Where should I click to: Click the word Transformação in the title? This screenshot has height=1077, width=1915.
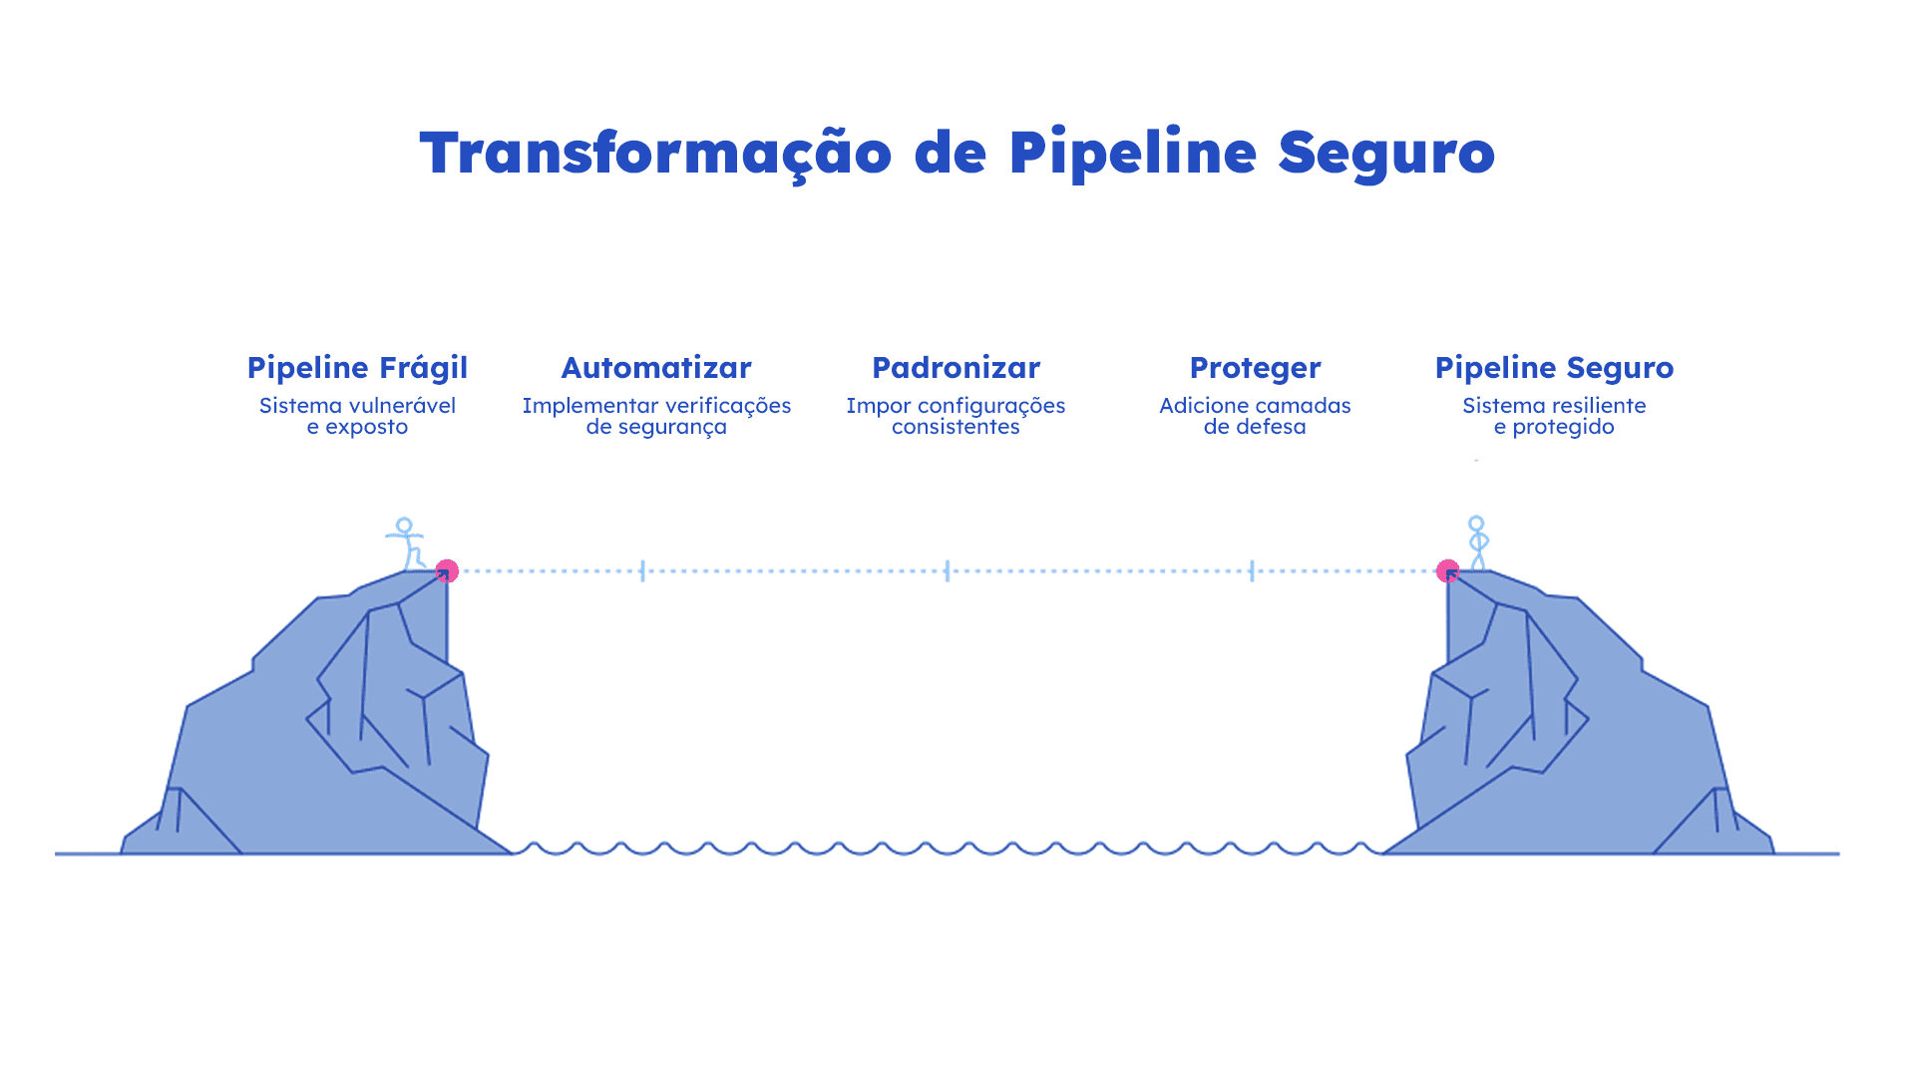point(654,154)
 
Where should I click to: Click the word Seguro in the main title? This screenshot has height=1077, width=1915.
point(1385,154)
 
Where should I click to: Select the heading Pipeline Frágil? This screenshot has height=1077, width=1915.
point(357,368)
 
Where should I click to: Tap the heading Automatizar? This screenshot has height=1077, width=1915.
point(656,368)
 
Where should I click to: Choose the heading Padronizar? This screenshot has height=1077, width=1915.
point(956,368)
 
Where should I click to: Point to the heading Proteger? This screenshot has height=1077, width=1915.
point(1255,368)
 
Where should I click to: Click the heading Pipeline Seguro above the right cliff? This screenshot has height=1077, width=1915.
point(1554,368)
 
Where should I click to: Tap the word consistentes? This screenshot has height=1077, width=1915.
point(956,427)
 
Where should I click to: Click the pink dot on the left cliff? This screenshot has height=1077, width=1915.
point(447,570)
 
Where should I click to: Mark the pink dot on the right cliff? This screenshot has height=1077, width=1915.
point(1448,570)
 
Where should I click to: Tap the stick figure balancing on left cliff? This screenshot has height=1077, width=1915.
point(406,542)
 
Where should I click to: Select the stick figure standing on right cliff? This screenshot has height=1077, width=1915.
point(1477,542)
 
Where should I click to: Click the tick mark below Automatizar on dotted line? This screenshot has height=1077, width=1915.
point(642,570)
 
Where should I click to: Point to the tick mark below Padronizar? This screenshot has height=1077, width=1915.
point(948,570)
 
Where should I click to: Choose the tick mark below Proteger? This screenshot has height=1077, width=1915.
point(1252,570)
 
